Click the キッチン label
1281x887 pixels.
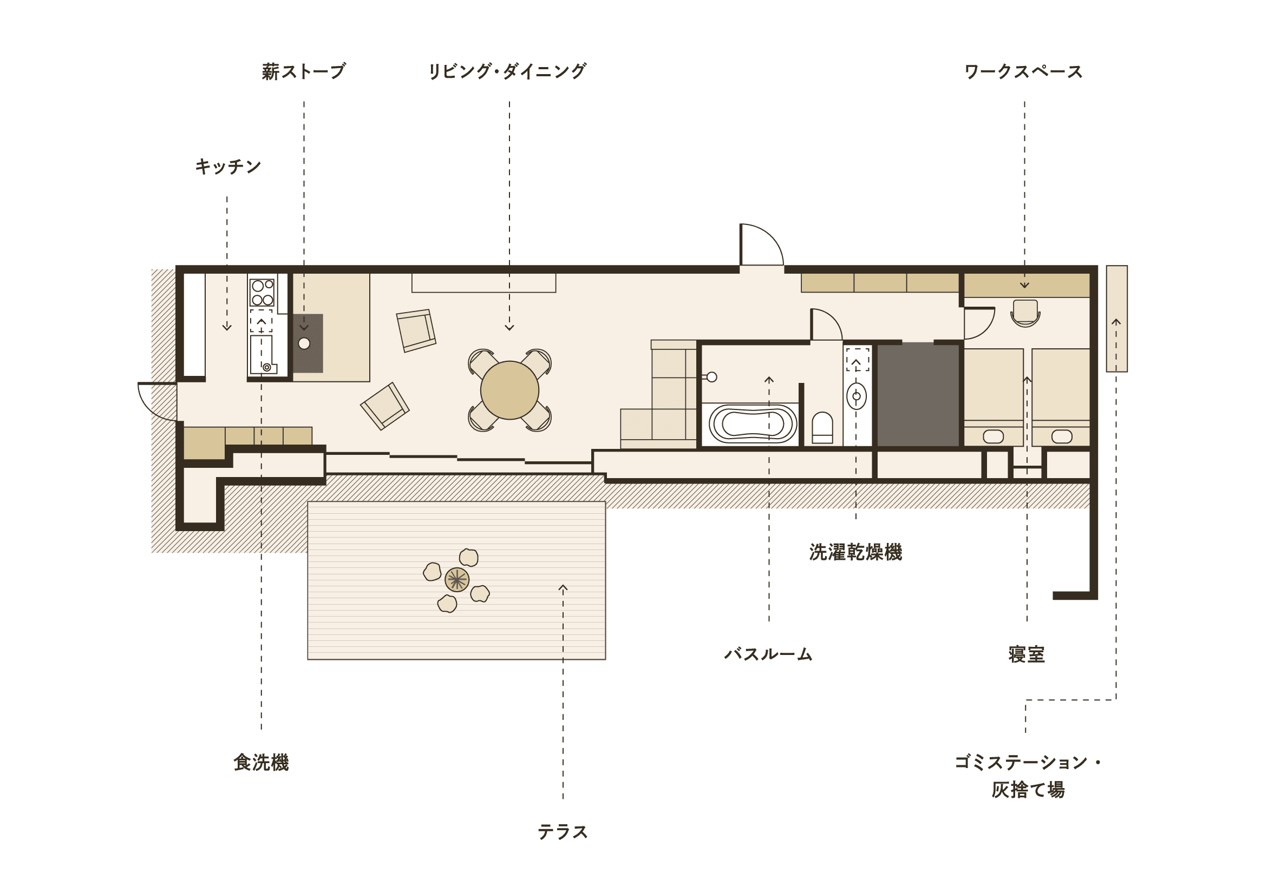coord(227,166)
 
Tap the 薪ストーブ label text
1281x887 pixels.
coord(304,71)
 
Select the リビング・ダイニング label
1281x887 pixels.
coord(507,71)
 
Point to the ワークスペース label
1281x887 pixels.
coord(1023,72)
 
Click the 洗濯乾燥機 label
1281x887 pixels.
coord(855,552)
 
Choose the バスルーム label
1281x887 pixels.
coord(768,654)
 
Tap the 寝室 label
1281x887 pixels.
coord(1027,654)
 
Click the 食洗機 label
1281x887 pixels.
coord(261,763)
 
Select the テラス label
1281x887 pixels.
coord(563,832)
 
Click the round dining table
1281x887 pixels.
coord(509,390)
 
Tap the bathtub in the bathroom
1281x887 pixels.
coord(753,424)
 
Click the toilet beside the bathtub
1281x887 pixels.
coord(822,427)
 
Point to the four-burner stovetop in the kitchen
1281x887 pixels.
coord(263,293)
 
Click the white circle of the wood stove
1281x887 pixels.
coord(304,343)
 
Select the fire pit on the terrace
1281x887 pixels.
coord(456,580)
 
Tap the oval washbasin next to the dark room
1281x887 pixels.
coord(857,396)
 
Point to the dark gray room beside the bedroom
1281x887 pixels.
coord(918,394)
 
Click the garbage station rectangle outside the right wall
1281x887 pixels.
coord(1116,319)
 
